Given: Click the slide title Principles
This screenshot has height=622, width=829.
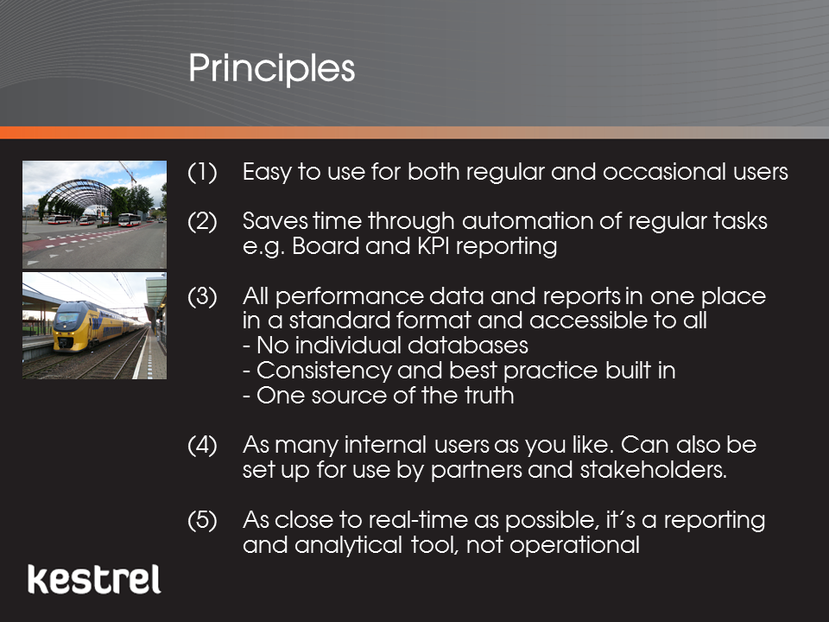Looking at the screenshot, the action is click(272, 69).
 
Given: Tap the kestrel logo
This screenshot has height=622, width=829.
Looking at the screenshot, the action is click(94, 580).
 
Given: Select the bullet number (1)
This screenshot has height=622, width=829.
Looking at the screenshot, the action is click(202, 173).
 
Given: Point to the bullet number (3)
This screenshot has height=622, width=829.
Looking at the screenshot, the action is click(202, 296).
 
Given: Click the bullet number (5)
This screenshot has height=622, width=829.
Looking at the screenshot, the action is click(202, 520).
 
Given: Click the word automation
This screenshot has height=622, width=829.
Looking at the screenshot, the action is click(528, 221).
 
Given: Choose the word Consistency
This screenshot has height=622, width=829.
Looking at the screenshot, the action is click(324, 371).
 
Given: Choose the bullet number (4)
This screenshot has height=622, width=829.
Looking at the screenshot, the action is click(202, 446).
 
